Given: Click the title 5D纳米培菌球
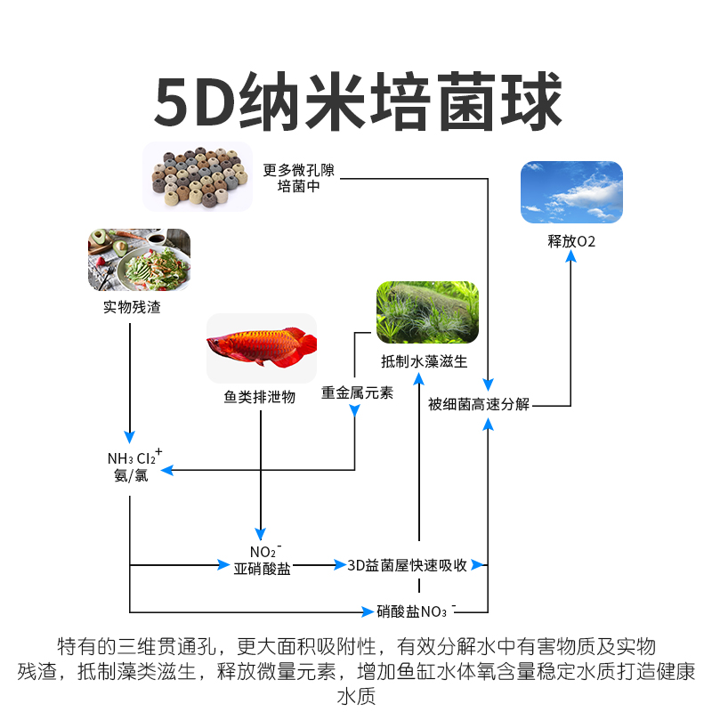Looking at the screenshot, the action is coord(356,102).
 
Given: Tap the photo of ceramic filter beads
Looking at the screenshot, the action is coord(197,175).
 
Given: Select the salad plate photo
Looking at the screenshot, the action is coord(139,260).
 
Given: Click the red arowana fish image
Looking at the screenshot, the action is coord(262,347).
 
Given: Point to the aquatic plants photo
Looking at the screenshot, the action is coord(427,312).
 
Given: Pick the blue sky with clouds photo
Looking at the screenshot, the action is coord(571,191).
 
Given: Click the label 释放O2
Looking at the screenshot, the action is coord(571,241).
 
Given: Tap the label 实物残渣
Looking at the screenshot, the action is coord(132,308).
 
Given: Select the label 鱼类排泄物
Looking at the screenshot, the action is coord(259,397).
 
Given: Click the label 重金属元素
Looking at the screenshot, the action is coord(357,392).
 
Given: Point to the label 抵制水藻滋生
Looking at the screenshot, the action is coord(424,362).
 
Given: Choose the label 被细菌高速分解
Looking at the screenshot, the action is coord(478,404).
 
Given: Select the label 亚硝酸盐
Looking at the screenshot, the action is coord(262,569).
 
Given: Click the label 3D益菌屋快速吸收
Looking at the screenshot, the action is coord(407,565).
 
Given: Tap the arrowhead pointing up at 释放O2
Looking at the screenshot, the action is coord(571,256).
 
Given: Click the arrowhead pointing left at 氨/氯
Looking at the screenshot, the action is coord(164,469).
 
